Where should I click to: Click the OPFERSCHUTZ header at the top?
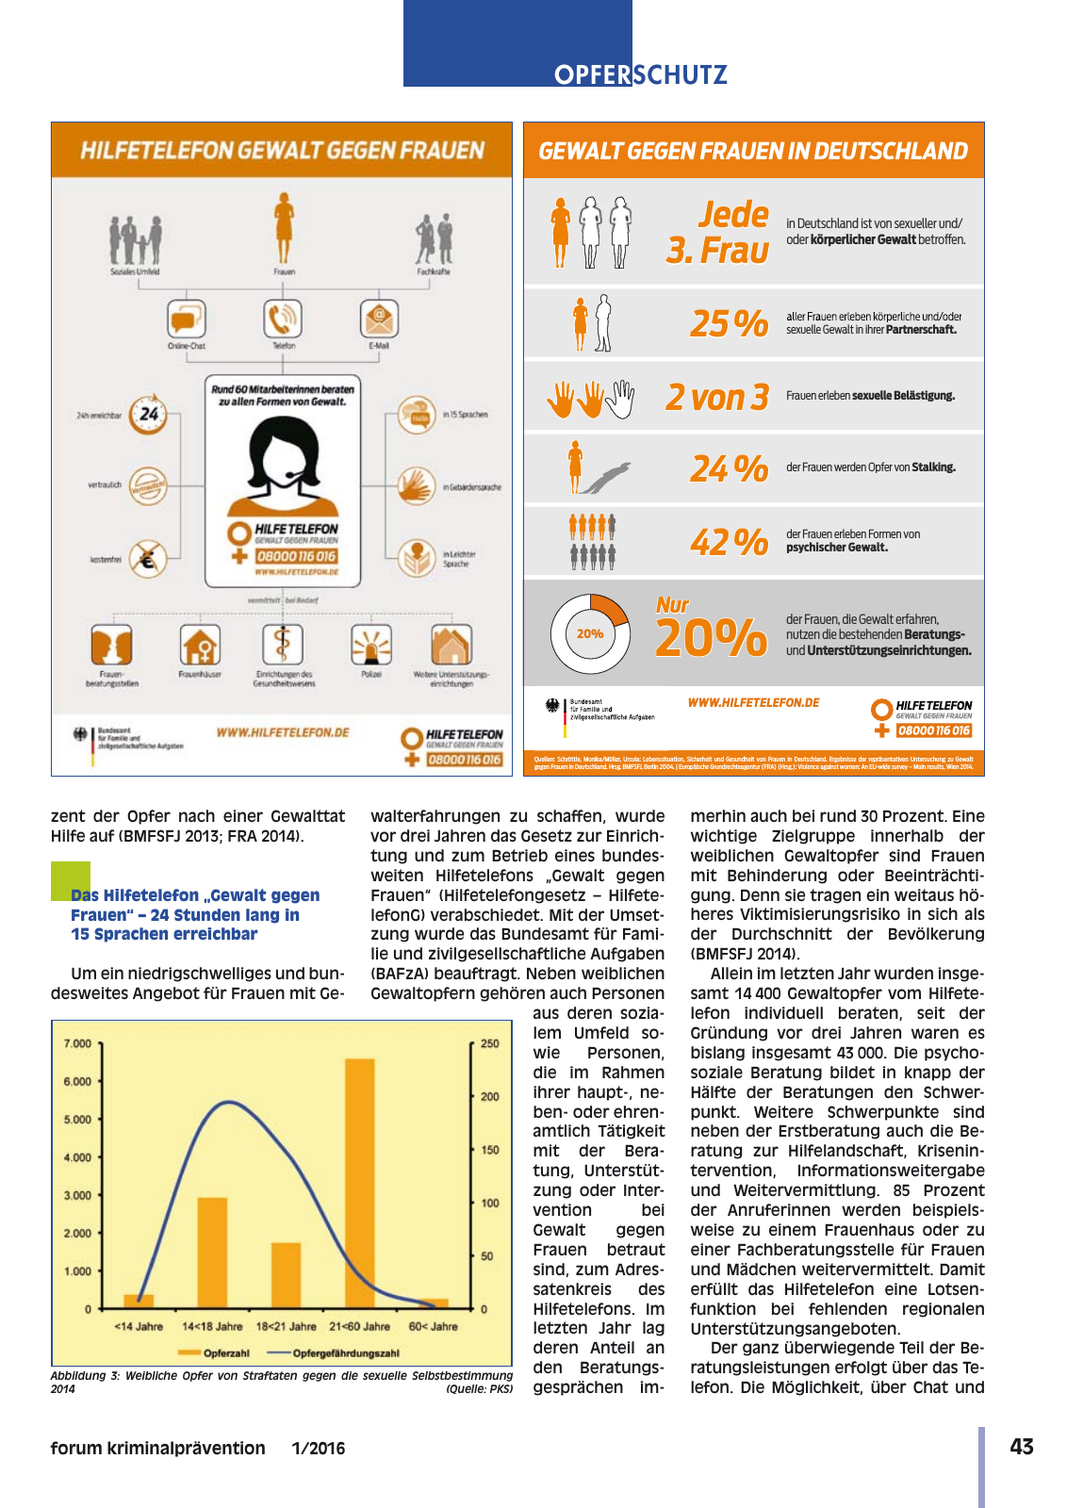[x=640, y=74]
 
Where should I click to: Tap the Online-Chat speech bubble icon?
[x=187, y=319]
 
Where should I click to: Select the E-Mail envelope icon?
[x=378, y=319]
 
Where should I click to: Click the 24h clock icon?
[x=148, y=414]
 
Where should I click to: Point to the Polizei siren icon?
[x=371, y=646]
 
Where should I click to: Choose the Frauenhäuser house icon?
[x=200, y=646]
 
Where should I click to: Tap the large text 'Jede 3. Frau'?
[x=718, y=232]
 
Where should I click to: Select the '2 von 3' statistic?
[x=716, y=397]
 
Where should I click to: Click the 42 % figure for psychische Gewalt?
[x=729, y=542]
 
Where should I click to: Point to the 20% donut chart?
[x=590, y=633]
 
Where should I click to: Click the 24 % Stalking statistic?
[x=729, y=468]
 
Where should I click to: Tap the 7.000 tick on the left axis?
[x=77, y=1043]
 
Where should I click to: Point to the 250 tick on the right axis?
[x=490, y=1043]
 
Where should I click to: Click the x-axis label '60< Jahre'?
[x=433, y=1326]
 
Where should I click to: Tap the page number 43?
[x=1021, y=1447]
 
